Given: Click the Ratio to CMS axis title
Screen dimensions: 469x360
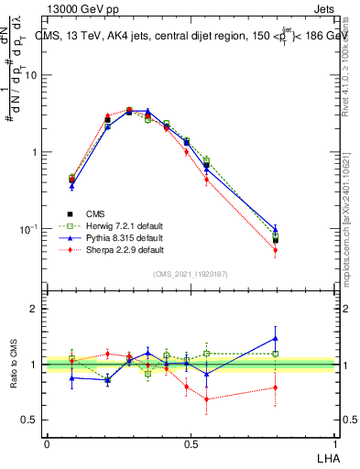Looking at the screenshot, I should point(16,365).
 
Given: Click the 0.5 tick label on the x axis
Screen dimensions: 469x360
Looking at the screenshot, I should point(190,443).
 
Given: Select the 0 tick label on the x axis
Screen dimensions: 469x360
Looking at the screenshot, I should point(46,443).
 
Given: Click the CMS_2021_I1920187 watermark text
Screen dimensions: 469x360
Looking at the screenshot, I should point(190,273).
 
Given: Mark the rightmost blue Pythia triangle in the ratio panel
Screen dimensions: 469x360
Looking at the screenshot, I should point(275,338).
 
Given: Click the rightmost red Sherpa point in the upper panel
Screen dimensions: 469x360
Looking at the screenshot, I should point(275,250).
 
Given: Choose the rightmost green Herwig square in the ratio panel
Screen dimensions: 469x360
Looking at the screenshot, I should point(275,354).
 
